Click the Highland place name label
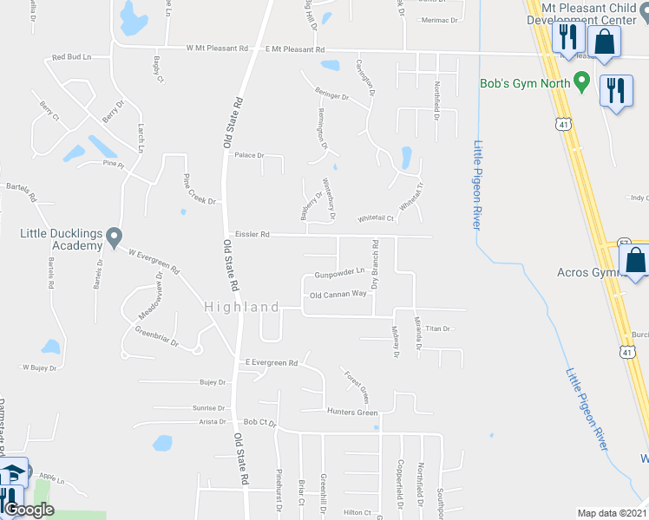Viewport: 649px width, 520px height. [242, 308]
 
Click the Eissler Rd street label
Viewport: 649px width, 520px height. [252, 235]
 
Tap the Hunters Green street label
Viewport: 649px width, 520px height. [352, 412]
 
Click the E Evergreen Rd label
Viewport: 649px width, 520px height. [272, 362]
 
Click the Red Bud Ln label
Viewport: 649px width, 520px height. [71, 57]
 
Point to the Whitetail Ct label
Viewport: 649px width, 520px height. [376, 218]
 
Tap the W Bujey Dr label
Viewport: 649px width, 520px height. [39, 368]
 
